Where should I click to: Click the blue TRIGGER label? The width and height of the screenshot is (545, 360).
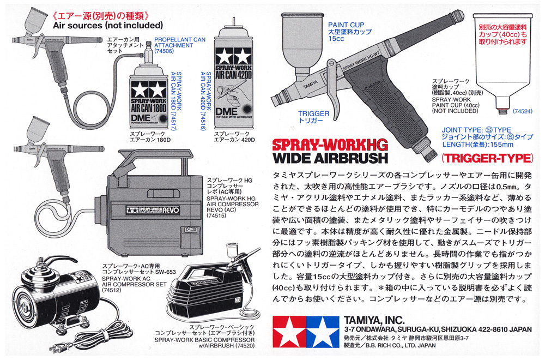click(x=313, y=114)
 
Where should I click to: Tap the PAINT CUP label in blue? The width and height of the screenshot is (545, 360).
click(x=346, y=25)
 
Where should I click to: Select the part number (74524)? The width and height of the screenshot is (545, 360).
click(x=523, y=111)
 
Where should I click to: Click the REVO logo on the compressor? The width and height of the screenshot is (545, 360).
click(x=153, y=210)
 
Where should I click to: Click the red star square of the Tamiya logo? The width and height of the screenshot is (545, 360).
click(x=289, y=332)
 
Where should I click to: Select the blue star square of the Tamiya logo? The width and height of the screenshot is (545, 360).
click(x=323, y=332)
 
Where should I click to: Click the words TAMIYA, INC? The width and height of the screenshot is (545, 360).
click(x=374, y=320)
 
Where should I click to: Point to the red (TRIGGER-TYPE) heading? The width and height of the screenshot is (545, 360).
click(x=487, y=159)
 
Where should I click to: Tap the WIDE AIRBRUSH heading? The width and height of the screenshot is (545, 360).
click(x=330, y=158)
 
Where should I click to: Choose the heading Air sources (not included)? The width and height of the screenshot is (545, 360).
click(x=108, y=26)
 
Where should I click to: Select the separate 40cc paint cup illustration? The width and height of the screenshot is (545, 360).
click(x=503, y=63)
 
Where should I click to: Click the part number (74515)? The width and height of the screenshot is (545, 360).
click(x=216, y=215)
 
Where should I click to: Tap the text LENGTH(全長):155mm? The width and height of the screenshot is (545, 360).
click(x=477, y=145)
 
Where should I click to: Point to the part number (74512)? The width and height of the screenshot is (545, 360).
click(x=112, y=290)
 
